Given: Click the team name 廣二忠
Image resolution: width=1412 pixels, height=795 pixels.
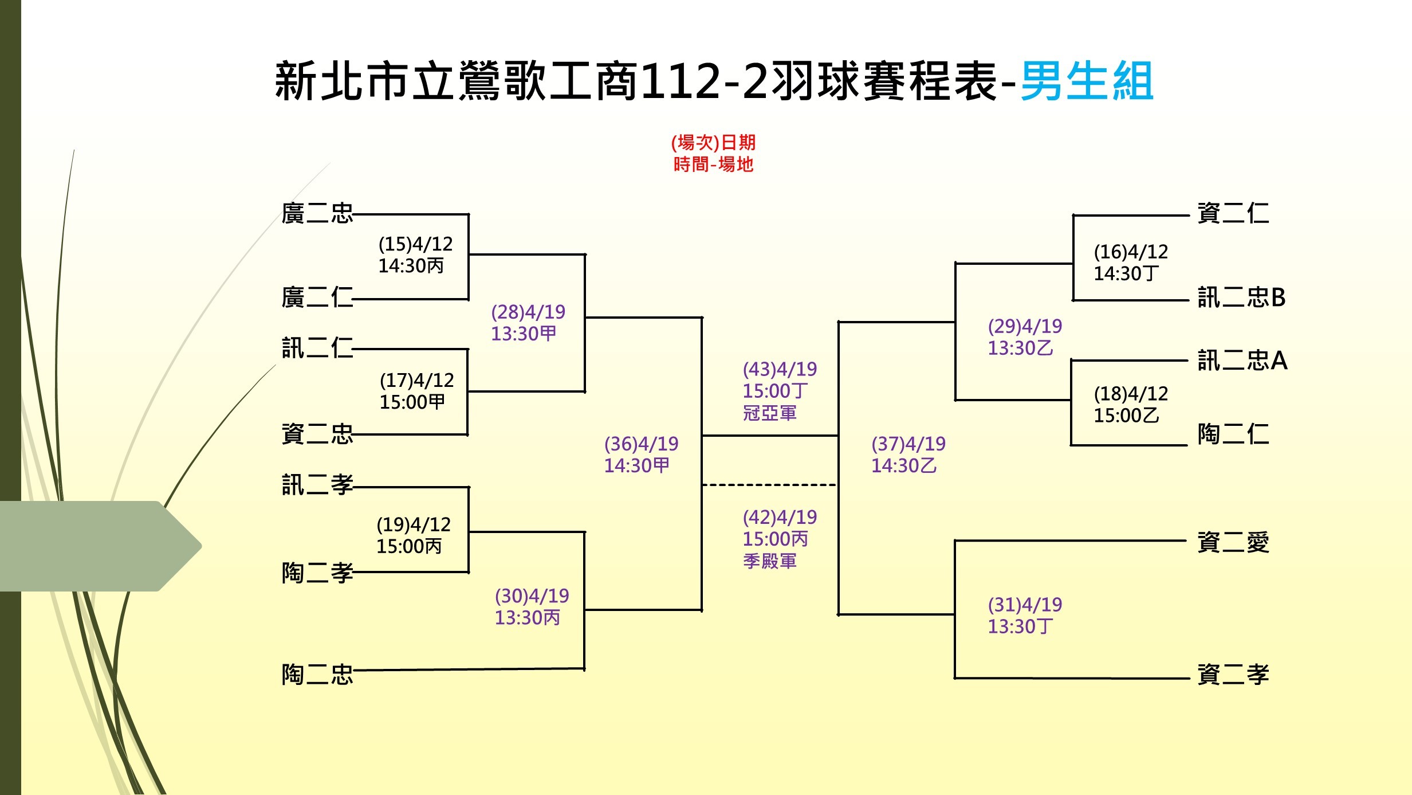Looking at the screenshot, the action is point(317,213).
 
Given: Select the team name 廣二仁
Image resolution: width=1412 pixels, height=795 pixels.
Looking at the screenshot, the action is point(317,297).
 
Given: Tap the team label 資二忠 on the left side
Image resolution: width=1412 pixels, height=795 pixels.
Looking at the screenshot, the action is point(317,434).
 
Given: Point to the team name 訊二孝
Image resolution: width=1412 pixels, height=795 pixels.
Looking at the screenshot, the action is point(317,485).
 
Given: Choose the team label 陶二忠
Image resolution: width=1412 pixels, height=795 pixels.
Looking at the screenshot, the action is point(317,675).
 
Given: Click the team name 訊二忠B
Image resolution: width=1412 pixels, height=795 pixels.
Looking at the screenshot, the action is point(1242,297).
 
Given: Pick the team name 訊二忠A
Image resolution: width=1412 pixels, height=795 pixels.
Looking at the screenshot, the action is point(1242,361).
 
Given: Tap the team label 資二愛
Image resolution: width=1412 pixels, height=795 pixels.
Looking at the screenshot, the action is point(1233,542).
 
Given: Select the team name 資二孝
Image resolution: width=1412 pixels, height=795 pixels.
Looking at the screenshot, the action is point(1233,675).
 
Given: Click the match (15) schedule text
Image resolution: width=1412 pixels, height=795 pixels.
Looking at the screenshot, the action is point(415,255).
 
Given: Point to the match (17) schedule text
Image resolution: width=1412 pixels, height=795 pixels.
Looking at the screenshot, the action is point(416,391).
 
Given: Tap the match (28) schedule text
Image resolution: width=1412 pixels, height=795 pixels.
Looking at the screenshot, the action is point(528,323).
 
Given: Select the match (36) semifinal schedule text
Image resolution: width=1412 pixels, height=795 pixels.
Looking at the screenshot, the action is point(641,455).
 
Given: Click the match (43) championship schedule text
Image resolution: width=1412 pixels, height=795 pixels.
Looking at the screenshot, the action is point(780,391).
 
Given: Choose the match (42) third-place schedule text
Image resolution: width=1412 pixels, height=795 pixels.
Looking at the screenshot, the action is point(780,539).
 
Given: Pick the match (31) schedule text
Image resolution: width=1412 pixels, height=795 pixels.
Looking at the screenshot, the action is point(1025,616).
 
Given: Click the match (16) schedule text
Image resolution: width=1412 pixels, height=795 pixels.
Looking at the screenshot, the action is point(1131,263).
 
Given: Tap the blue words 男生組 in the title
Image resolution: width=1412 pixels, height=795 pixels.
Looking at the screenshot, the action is point(1087,81).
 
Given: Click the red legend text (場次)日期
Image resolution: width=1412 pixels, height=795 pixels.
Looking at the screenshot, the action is point(713,142).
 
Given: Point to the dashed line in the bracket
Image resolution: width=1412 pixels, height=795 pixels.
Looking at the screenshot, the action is point(770,485).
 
